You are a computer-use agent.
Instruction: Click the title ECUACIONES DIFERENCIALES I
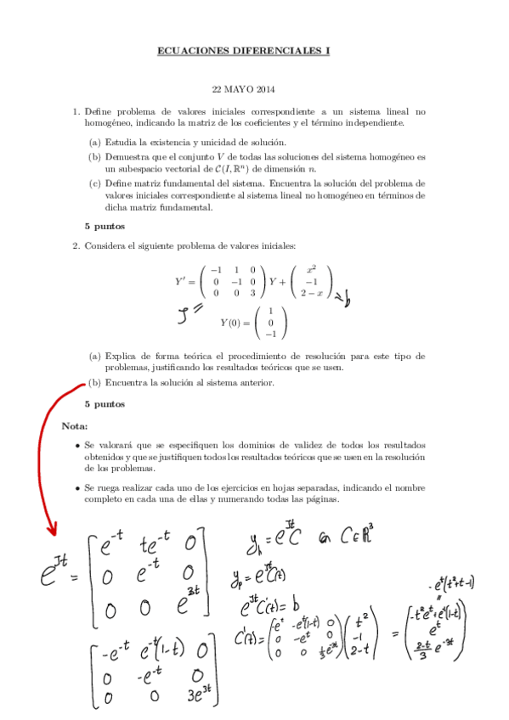pos(243,51)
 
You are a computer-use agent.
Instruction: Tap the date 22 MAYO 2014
pos(243,89)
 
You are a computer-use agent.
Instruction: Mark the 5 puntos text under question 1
pos(105,227)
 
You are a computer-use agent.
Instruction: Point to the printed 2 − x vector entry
pos(313,293)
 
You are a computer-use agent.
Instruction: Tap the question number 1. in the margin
pos(75,110)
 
